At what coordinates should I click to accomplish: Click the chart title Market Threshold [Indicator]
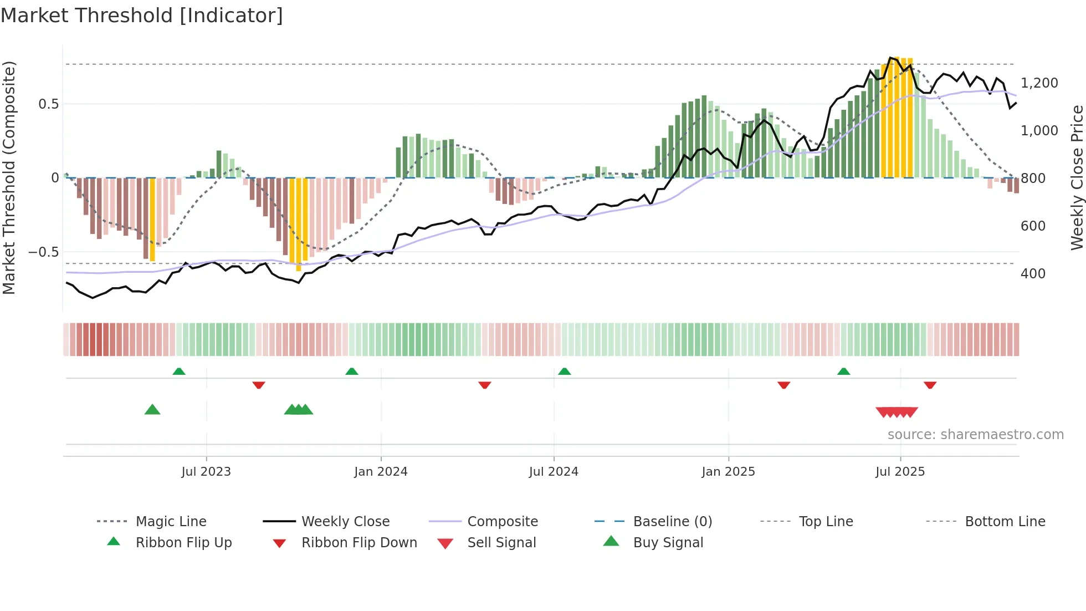coord(142,16)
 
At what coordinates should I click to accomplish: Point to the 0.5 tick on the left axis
coord(48,104)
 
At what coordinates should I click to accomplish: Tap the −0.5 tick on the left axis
coord(44,252)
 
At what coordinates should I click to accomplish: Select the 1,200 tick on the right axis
coord(1039,83)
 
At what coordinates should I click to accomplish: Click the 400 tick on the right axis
coord(1033,274)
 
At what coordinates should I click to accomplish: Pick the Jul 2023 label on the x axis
coord(206,472)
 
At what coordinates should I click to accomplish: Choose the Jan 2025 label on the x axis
coord(728,472)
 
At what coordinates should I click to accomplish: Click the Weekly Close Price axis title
coord(1077,177)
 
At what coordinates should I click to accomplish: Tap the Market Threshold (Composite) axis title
coord(9,177)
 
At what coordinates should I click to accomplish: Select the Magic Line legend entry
coord(171,522)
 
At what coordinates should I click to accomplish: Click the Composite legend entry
coord(502,522)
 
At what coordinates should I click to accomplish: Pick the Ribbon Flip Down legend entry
coord(359,543)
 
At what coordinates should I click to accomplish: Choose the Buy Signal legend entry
coord(668,543)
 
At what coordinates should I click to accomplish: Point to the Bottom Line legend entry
coord(1005,522)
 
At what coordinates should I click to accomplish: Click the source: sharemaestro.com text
coord(975,435)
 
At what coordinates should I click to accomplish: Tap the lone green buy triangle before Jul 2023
coord(152,410)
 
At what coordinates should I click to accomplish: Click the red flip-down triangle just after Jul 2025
coord(930,385)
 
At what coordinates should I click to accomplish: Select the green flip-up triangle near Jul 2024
coord(564,371)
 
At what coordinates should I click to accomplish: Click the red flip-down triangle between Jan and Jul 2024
coord(485,385)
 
